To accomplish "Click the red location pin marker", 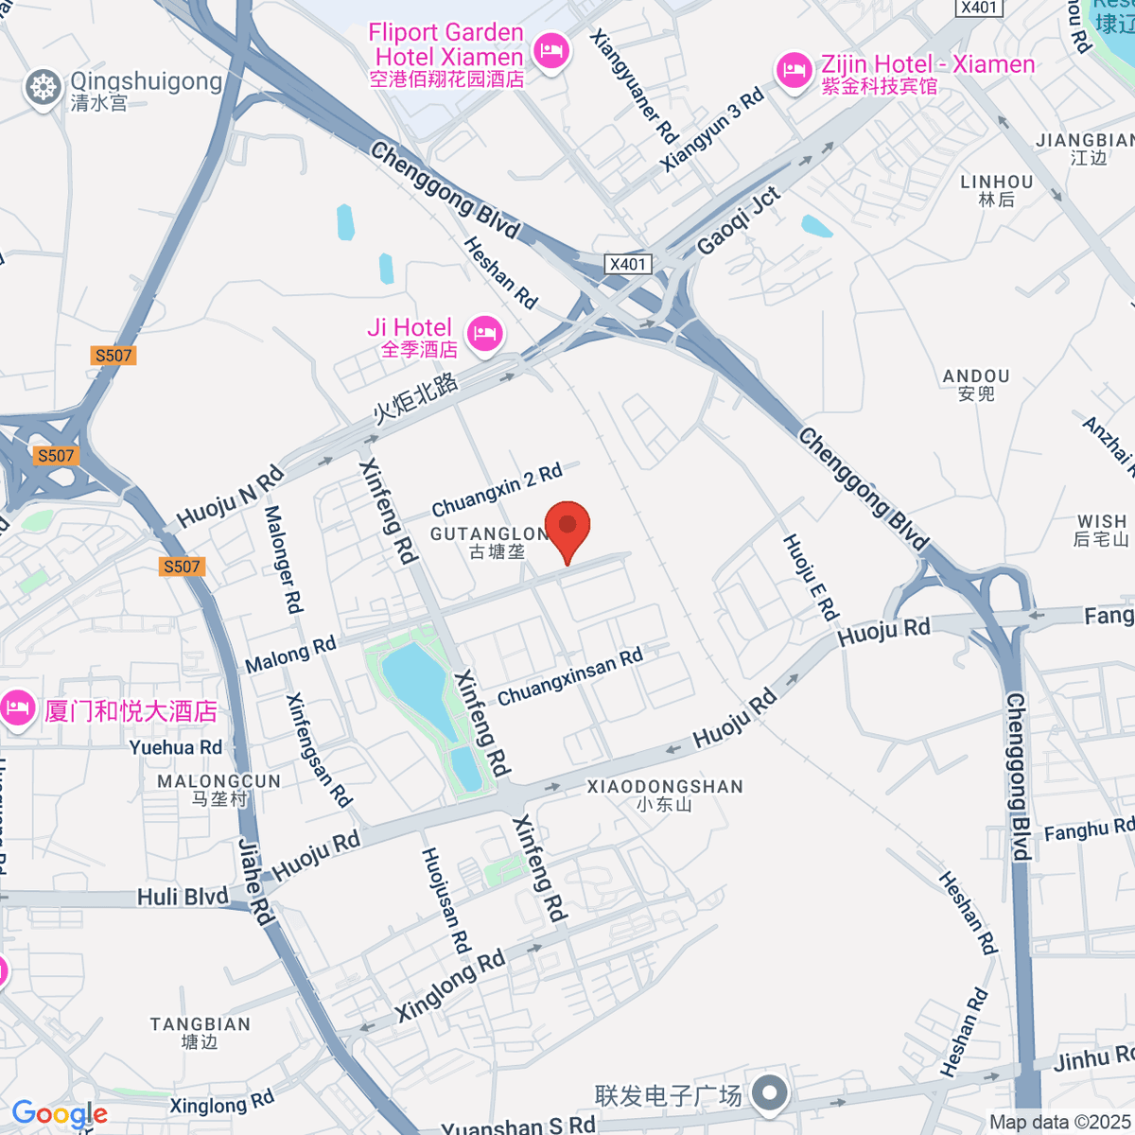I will click(567, 528).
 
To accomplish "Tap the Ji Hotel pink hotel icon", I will click(484, 332).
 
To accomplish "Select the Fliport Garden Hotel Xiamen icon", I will click(551, 49).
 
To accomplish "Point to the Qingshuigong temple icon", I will click(43, 88).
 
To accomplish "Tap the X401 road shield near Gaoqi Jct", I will click(628, 264).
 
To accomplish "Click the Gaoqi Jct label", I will click(739, 221).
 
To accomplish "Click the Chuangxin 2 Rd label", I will click(497, 490).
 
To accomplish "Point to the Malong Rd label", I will click(290, 655).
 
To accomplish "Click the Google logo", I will click(60, 1114).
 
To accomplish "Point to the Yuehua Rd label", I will click(176, 747).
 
